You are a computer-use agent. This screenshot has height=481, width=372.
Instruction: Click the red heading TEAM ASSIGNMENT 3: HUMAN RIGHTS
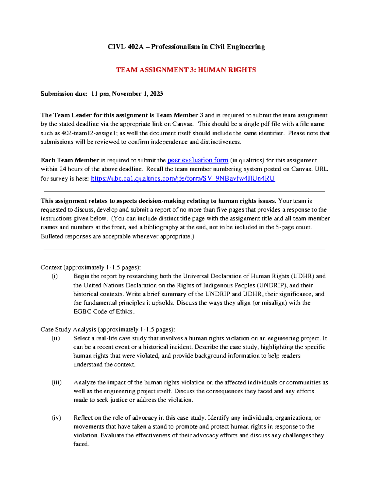tap(186, 70)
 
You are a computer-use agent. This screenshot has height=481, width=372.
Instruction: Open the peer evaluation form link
tap(198, 160)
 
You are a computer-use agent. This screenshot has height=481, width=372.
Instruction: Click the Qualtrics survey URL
tap(183, 178)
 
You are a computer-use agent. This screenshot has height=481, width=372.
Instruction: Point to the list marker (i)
tap(55, 276)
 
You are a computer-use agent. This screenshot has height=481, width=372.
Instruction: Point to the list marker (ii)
tap(55, 338)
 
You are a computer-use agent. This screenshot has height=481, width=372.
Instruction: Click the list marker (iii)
tap(56, 383)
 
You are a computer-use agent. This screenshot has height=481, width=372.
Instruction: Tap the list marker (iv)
tap(56, 418)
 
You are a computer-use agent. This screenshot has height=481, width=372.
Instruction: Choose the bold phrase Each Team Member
tap(70, 160)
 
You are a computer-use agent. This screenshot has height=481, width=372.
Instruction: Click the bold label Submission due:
tap(64, 94)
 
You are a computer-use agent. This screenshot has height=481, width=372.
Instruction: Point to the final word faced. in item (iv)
tap(81, 444)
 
